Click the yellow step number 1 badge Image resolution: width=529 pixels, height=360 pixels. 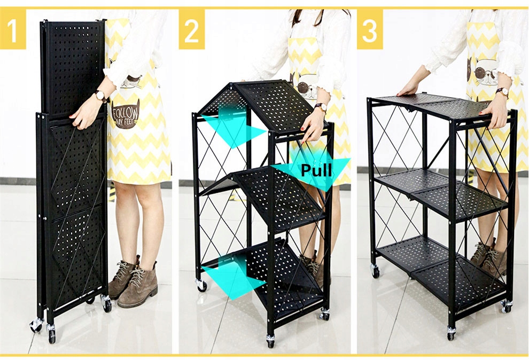(13, 29)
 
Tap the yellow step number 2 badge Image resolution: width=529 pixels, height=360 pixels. (192, 29)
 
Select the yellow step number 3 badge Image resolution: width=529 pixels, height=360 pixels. (370, 29)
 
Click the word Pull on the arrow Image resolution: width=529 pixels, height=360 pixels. (316, 170)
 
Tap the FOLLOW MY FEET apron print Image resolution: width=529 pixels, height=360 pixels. (125, 115)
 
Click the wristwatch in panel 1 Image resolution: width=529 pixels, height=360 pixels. (100, 96)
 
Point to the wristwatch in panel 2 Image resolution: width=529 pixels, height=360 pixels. (321, 107)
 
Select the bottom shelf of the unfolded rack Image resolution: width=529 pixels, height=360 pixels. (442, 267)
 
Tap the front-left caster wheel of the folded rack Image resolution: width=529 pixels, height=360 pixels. (36, 325)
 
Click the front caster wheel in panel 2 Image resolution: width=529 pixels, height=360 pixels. (270, 341)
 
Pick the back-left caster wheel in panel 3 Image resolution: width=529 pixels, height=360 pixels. (375, 271)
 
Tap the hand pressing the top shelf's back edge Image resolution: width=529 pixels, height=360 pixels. (408, 88)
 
